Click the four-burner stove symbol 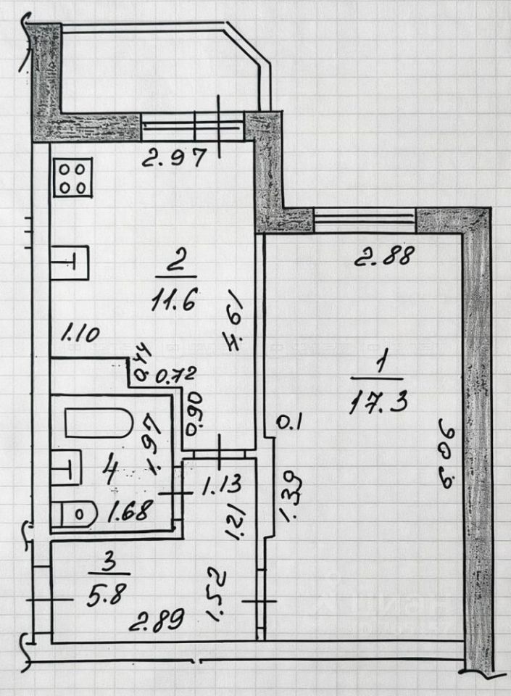[x=72, y=178]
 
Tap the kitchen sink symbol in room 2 [x=70, y=262]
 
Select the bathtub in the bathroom [x=99, y=423]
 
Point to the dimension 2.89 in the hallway [x=156, y=621]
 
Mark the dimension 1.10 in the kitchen [x=80, y=334]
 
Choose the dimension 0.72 [x=173, y=376]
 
